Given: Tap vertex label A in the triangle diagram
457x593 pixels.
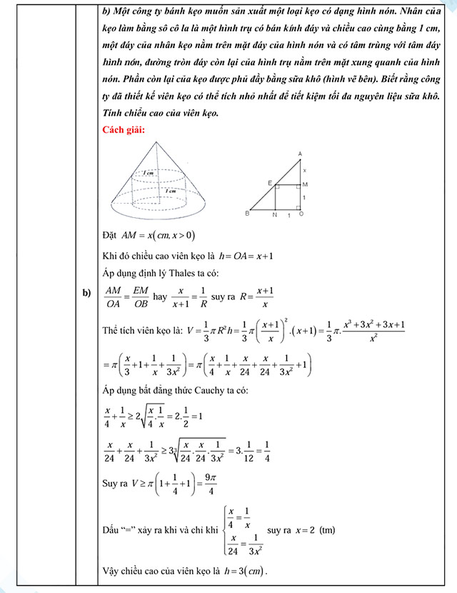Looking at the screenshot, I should tap(300, 154).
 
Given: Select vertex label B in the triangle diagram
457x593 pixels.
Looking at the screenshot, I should tap(246, 213).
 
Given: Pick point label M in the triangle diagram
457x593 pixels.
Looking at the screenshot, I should tap(305, 184).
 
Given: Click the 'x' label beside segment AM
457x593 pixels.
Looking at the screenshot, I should tap(305, 170).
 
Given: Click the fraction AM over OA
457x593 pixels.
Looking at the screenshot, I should tap(113, 296).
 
